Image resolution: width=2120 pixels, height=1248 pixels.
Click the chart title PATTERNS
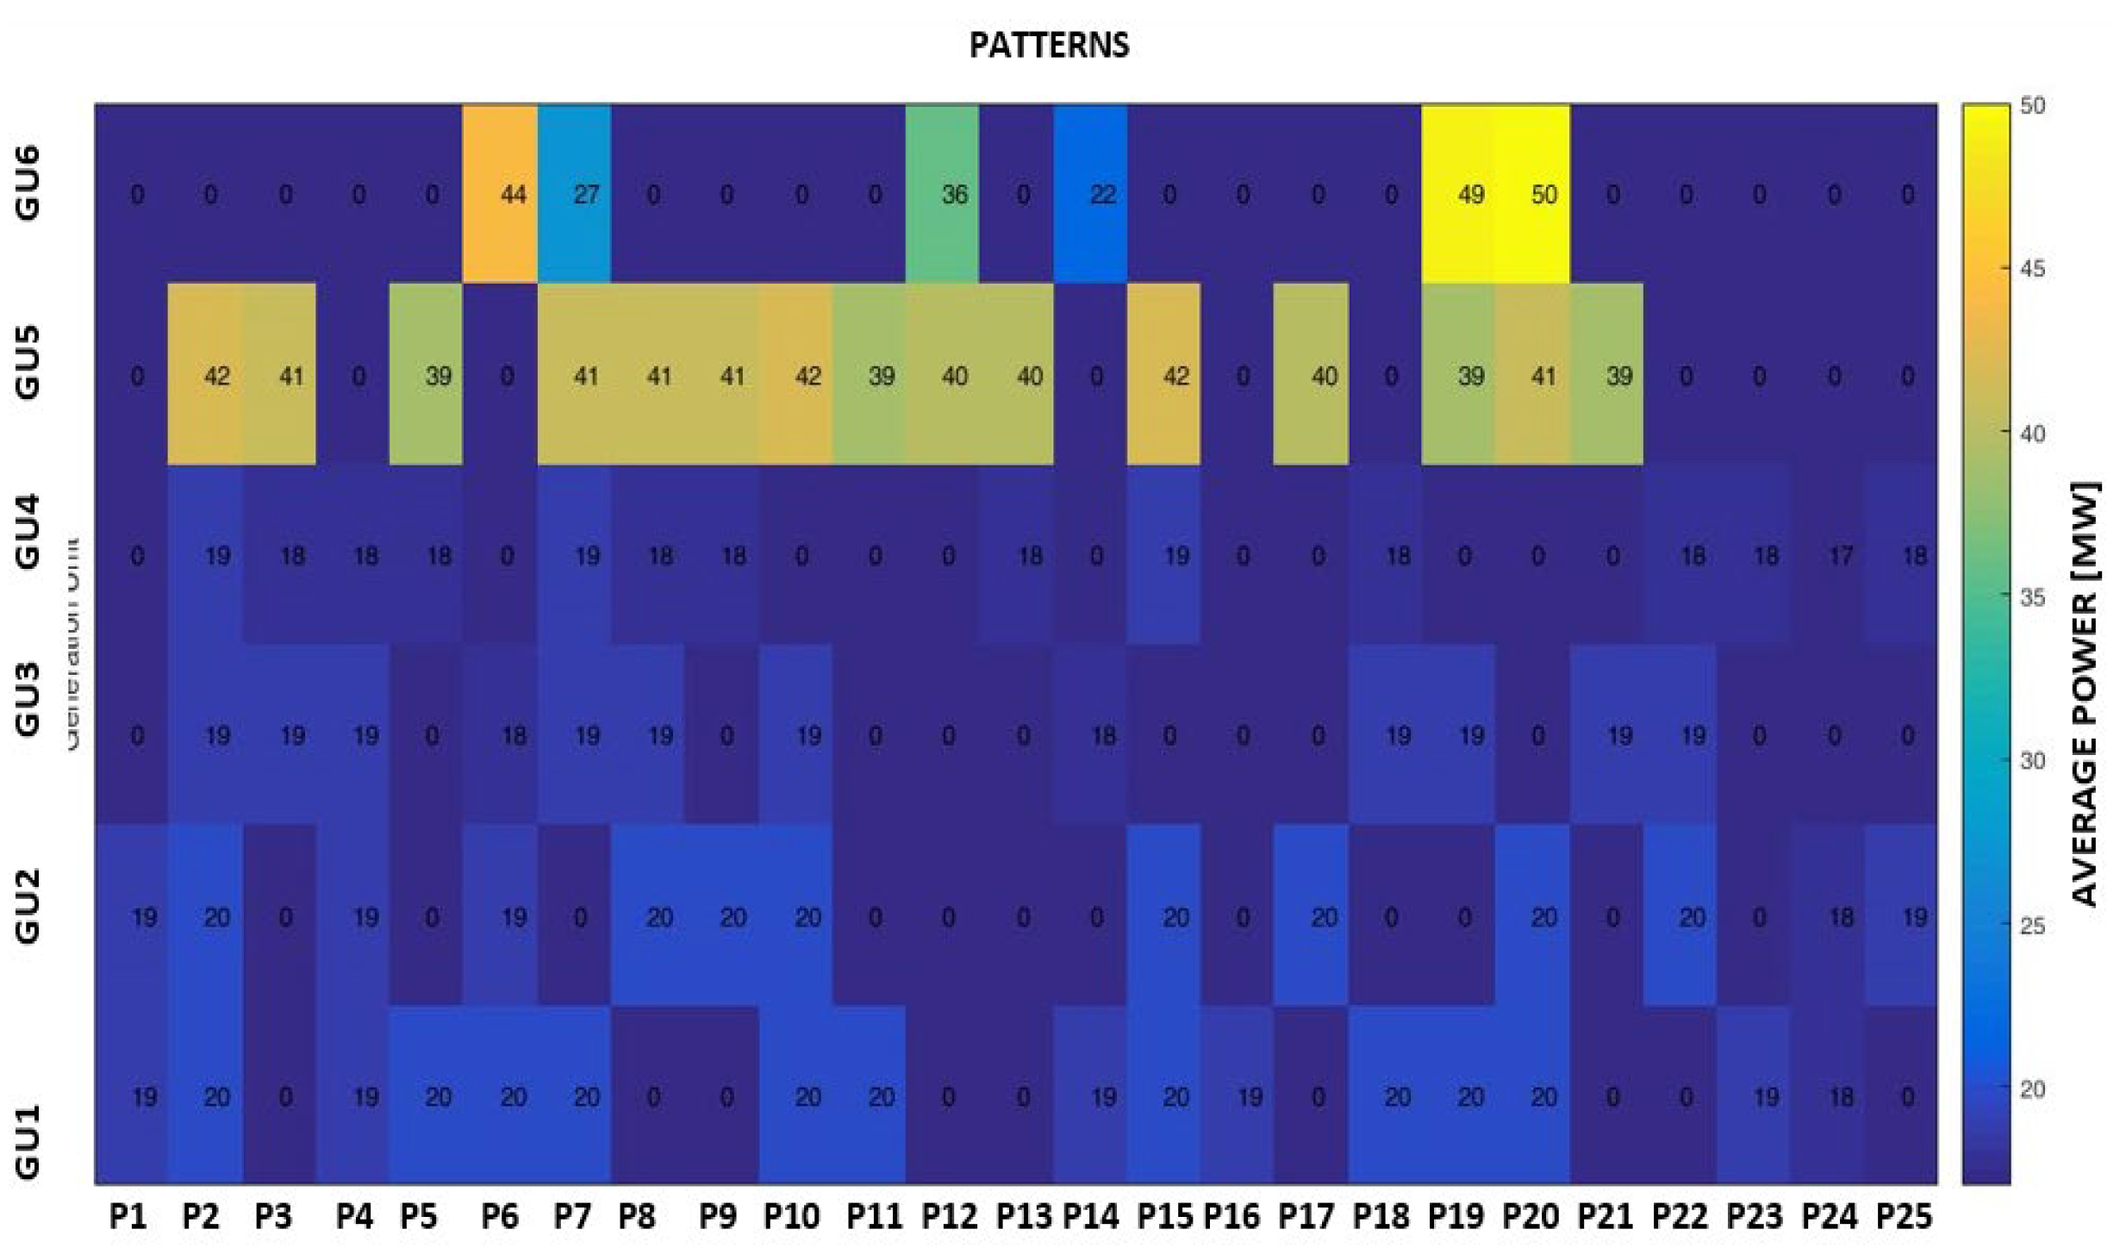tap(1049, 45)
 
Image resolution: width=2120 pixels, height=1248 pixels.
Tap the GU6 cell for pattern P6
tap(501, 194)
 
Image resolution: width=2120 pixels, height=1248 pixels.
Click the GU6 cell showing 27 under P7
tap(575, 194)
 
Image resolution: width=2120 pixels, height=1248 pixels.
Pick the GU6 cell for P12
tap(942, 194)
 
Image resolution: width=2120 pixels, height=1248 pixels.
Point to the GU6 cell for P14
tap(1090, 194)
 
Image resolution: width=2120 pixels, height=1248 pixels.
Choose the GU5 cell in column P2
tap(205, 375)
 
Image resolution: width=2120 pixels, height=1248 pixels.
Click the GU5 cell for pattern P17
tap(1311, 375)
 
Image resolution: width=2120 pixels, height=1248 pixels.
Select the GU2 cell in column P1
tap(132, 915)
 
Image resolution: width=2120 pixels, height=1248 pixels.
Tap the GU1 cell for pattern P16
tap(1238, 1096)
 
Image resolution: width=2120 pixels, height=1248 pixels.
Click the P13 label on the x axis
tap(1023, 1216)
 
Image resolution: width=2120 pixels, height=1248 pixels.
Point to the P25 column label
tap(1905, 1216)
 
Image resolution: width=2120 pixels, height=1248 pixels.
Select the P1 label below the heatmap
tap(128, 1216)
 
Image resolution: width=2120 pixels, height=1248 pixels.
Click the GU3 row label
tap(28, 698)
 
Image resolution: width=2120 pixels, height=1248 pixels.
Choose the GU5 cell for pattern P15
tap(1163, 375)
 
